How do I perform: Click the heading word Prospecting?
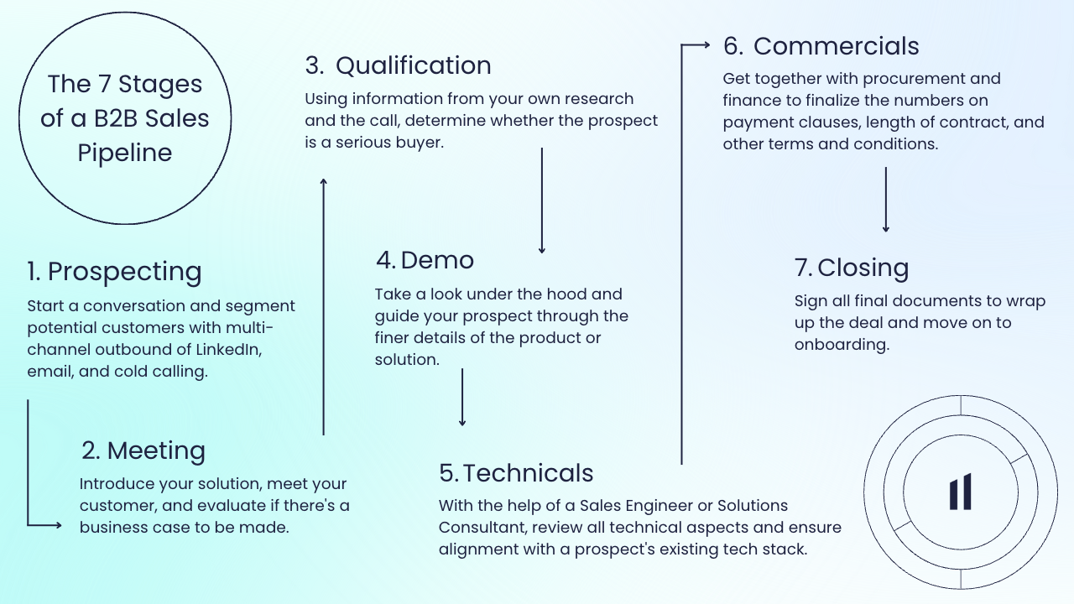[x=125, y=272]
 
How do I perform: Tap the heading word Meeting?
[x=156, y=451]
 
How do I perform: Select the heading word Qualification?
[x=414, y=65]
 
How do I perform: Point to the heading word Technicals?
[x=528, y=473]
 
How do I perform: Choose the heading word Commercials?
[x=837, y=46]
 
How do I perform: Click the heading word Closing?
[x=863, y=268]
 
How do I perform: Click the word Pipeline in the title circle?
[x=125, y=153]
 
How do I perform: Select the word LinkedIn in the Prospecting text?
[x=229, y=350]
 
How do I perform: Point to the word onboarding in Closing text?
[x=842, y=345]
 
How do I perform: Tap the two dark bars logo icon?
[x=961, y=492]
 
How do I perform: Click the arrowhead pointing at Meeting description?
[x=58, y=525]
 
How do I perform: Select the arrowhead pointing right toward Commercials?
[x=706, y=45]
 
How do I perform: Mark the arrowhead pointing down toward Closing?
[x=885, y=228]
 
